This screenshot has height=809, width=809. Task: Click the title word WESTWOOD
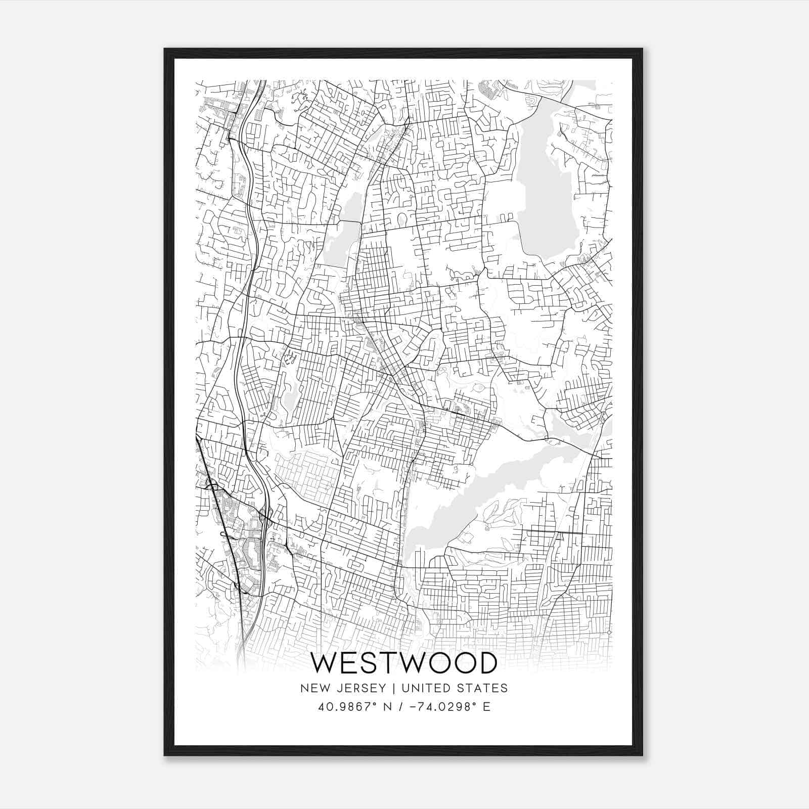click(403, 663)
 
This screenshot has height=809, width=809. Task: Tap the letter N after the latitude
click(388, 706)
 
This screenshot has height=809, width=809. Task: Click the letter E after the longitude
click(486, 706)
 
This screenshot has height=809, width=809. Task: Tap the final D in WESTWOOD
click(487, 663)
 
